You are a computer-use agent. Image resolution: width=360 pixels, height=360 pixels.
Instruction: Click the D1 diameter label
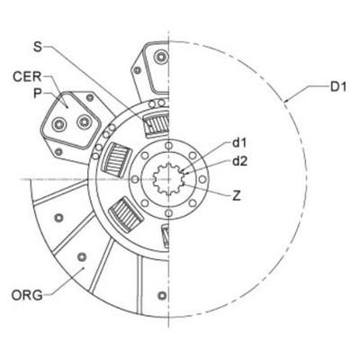click(337, 86)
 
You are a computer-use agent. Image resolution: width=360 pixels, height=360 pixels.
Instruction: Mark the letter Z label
click(236, 194)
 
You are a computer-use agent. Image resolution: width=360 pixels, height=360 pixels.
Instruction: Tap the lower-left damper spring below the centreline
click(127, 217)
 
